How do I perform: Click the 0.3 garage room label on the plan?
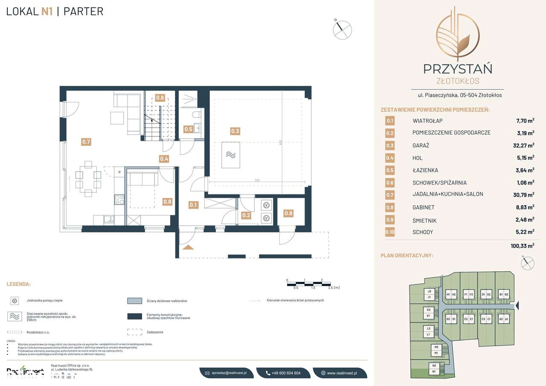pyautogui.click(x=235, y=131)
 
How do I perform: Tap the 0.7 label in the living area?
pyautogui.click(x=86, y=142)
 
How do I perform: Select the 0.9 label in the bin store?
pyautogui.click(x=288, y=213)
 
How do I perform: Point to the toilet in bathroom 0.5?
pyautogui.click(x=197, y=115)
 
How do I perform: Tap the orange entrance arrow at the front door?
pyautogui.click(x=188, y=247)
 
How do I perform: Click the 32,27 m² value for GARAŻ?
pyautogui.click(x=523, y=145)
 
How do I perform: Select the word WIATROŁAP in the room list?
pyautogui.click(x=427, y=121)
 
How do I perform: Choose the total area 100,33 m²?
pyautogui.click(x=522, y=246)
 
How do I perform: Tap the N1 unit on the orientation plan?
pyautogui.click(x=434, y=372)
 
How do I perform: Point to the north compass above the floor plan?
pyautogui.click(x=342, y=29)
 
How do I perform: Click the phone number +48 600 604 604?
pyautogui.click(x=283, y=373)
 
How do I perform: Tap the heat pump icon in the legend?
pyautogui.click(x=15, y=301)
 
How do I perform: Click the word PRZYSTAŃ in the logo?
pyautogui.click(x=457, y=68)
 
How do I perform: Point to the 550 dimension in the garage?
pyautogui.click(x=257, y=180)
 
